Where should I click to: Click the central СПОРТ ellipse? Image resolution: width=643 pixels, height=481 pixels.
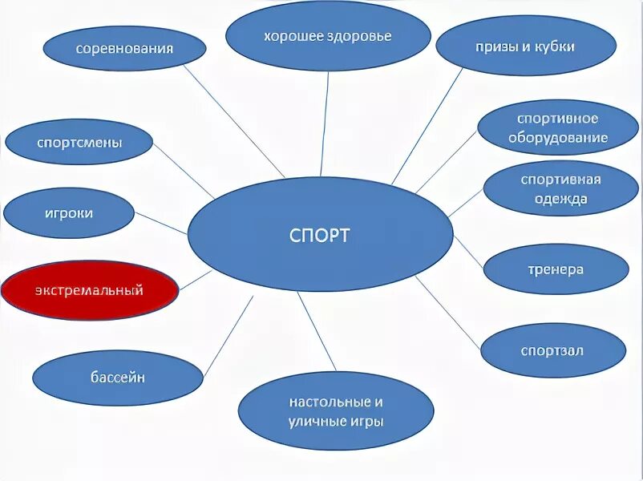pos(321,234)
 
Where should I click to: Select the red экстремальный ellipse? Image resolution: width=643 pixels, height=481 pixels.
pos(89,290)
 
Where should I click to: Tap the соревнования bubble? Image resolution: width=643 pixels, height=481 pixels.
pos(124,48)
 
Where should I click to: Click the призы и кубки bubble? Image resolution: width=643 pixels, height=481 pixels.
pos(524,46)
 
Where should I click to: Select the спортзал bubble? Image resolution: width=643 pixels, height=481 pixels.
pos(552,350)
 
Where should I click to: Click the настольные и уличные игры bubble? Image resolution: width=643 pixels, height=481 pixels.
pos(336,410)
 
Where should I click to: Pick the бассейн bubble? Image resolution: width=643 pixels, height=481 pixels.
pos(118,378)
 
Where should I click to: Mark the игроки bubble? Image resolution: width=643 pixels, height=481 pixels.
pos(69,213)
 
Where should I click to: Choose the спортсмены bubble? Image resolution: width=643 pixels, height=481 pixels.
pos(79,143)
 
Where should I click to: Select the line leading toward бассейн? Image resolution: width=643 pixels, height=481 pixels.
pos(228,336)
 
